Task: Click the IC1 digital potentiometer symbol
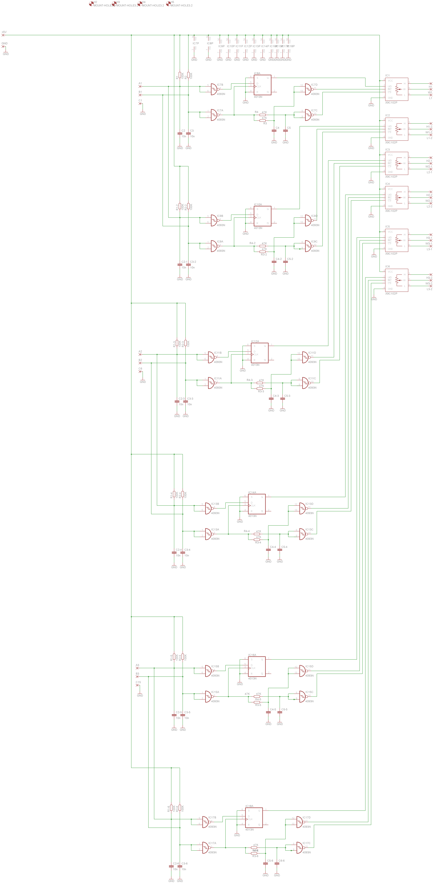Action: point(397,89)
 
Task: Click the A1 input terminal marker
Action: point(140,86)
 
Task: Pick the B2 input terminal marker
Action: point(140,363)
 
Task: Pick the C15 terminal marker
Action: point(137,685)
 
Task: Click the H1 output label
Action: point(430,87)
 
